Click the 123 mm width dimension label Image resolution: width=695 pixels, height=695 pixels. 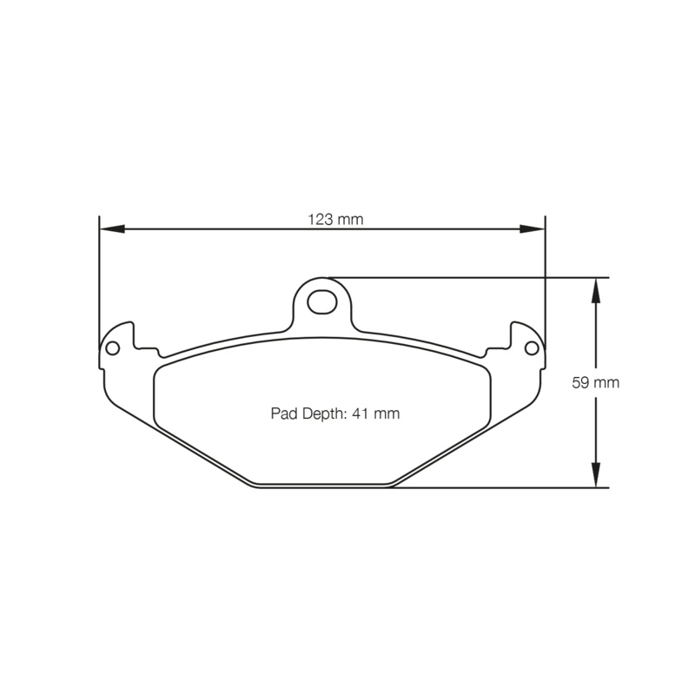(x=335, y=220)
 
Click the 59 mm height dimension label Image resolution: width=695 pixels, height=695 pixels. (x=596, y=382)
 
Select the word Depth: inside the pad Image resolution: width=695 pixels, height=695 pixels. (x=323, y=414)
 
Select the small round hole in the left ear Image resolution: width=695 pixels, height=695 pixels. (x=111, y=347)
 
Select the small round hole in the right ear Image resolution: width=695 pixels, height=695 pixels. (x=532, y=347)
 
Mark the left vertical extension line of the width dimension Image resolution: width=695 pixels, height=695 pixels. (x=99, y=278)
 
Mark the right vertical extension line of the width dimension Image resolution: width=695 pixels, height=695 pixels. (x=545, y=278)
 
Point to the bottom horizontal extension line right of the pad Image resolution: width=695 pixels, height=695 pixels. (x=504, y=487)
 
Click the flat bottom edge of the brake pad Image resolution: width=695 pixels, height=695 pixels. (x=321, y=487)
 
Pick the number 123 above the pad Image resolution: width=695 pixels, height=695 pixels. (x=320, y=220)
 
